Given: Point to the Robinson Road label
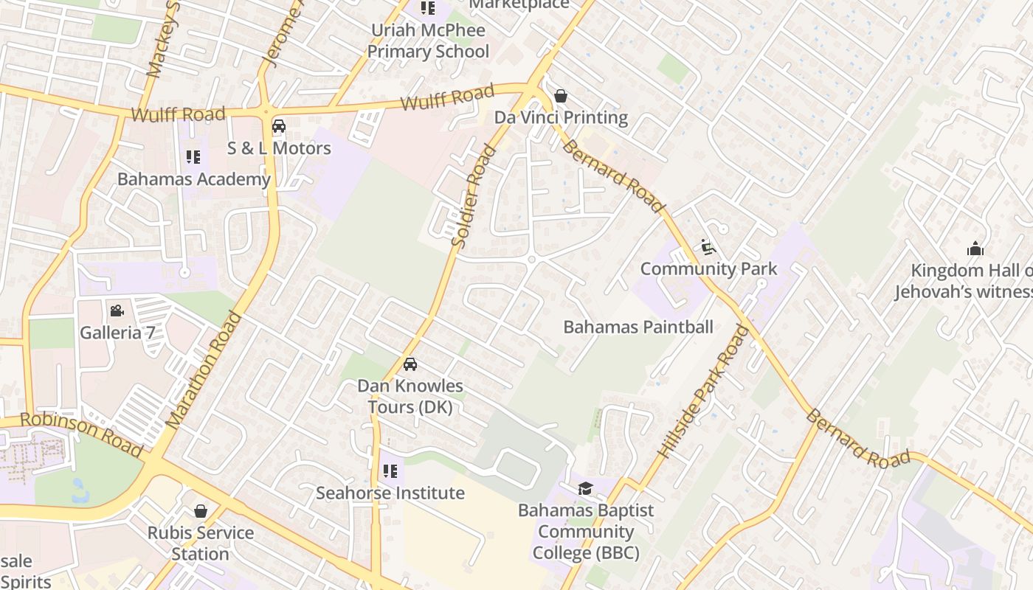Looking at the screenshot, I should point(81,434).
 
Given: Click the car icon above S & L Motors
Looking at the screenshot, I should point(279,126).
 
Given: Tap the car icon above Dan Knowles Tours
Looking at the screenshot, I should point(410,364).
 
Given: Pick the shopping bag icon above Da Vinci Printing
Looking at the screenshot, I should point(561,96).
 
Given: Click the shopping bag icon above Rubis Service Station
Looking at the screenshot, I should point(201,511).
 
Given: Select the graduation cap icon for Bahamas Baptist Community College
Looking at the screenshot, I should point(585,488).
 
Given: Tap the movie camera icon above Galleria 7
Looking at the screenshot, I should point(117,311).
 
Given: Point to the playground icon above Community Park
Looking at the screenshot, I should point(708,248).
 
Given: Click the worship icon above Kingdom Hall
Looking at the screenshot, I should point(975,249).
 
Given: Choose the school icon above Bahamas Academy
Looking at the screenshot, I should point(193,157).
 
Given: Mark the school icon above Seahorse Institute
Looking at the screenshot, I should point(390,471).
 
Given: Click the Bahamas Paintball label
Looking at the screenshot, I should point(638,327).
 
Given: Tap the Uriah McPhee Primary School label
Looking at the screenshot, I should point(428,41).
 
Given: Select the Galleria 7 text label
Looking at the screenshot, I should point(117,333).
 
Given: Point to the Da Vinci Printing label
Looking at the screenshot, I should point(561,117).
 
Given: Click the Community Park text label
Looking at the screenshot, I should point(708,268).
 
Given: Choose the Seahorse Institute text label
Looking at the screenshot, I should point(390,493).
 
